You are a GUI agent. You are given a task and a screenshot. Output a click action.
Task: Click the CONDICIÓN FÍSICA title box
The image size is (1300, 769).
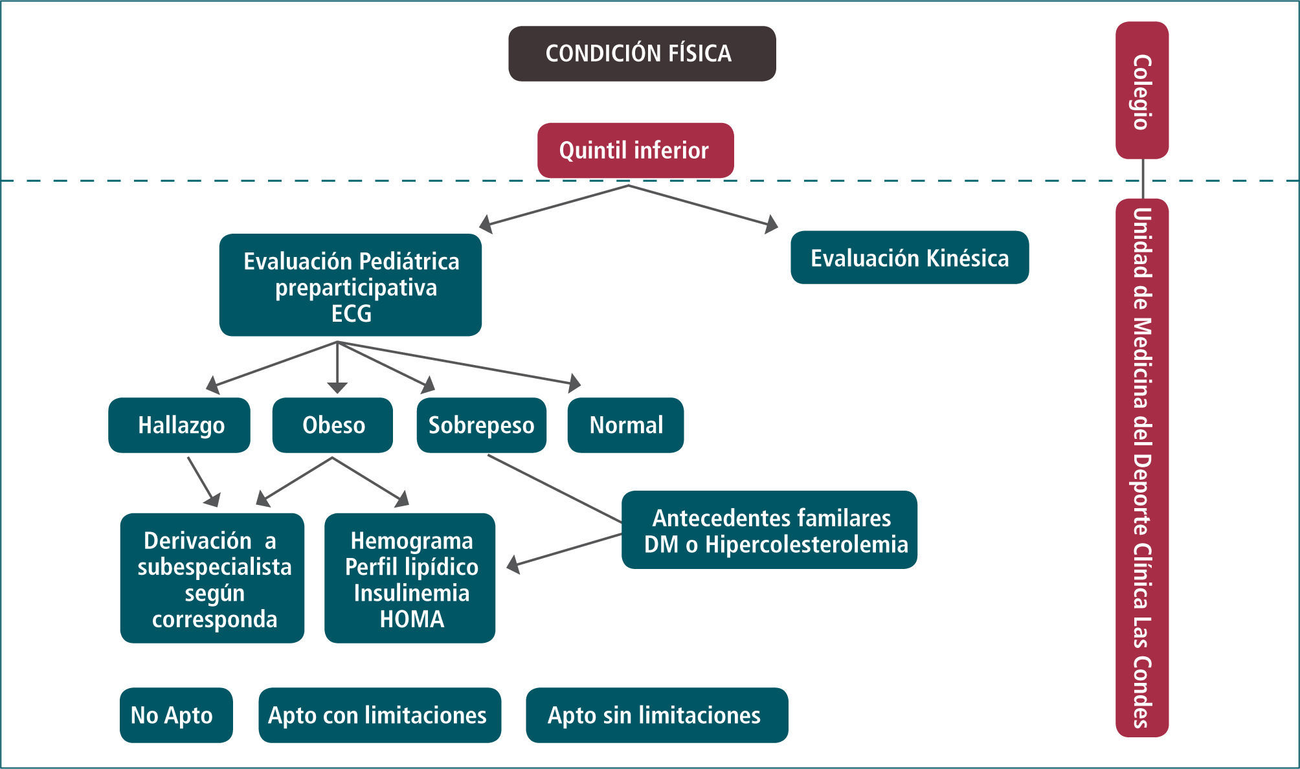tap(642, 54)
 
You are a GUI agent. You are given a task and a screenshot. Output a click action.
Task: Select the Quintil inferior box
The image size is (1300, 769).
tap(635, 150)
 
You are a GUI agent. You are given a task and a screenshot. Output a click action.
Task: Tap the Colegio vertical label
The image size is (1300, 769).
tap(1141, 91)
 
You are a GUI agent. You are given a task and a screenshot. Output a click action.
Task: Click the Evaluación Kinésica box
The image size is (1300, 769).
tap(909, 258)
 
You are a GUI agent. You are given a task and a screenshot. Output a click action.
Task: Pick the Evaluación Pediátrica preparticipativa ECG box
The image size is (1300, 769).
tap(350, 285)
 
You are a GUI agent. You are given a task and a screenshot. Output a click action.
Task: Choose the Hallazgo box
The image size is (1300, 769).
tap(179, 425)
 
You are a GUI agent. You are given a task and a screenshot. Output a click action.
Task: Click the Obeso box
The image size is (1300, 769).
tap(333, 425)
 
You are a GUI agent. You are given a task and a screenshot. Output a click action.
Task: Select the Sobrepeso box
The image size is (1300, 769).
tap(481, 425)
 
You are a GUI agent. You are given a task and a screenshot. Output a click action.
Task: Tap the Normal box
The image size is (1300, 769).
tap(625, 425)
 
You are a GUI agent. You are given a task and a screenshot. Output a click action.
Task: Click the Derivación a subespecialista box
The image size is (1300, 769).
tap(212, 578)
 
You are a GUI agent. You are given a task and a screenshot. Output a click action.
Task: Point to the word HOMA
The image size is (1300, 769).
tap(412, 619)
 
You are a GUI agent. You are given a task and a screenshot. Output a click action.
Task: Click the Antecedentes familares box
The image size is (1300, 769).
tap(769, 530)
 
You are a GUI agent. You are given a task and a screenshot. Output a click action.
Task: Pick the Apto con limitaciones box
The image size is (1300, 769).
tap(379, 715)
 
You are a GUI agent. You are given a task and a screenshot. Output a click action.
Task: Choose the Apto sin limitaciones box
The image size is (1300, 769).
tap(656, 715)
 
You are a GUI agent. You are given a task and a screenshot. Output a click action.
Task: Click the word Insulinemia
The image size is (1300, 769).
tap(412, 593)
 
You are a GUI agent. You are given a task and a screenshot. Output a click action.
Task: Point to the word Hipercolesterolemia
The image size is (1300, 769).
tap(806, 544)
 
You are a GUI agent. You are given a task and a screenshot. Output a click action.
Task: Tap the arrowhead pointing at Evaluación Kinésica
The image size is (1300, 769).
tap(770, 225)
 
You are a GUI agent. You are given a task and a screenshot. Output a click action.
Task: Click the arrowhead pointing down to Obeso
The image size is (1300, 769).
tap(337, 387)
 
